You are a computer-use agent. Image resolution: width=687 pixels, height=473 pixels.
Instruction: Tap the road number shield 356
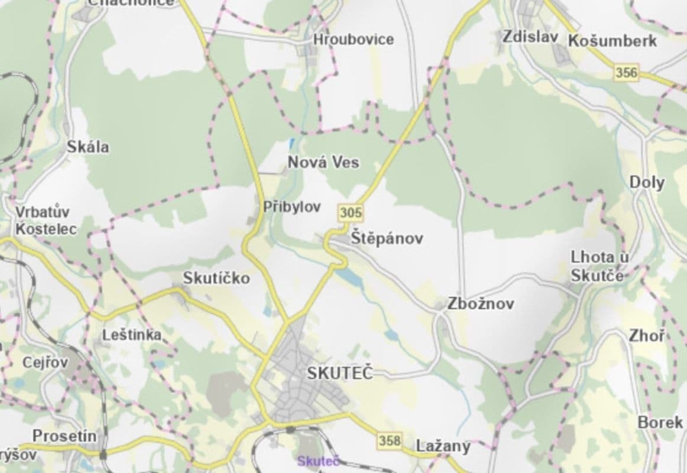(x=627, y=73)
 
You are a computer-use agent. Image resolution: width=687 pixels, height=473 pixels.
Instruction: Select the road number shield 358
(x=390, y=440)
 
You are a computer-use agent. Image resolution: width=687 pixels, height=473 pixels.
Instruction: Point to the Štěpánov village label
(x=387, y=239)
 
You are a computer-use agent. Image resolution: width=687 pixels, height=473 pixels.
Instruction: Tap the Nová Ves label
(x=323, y=162)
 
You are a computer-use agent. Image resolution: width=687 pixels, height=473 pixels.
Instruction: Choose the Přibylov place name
(x=292, y=207)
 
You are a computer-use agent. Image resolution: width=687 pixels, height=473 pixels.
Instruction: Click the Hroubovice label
(x=354, y=40)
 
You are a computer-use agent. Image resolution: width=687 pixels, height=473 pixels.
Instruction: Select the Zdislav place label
(x=530, y=37)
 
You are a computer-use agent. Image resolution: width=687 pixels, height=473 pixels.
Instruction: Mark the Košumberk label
(x=613, y=41)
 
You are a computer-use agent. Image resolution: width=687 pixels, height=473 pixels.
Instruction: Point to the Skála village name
(x=88, y=147)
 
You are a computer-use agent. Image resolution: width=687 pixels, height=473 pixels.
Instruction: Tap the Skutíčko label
(x=216, y=278)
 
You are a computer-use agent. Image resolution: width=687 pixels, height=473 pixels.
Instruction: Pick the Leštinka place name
(x=132, y=335)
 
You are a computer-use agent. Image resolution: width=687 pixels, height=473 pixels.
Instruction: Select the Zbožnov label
(x=480, y=304)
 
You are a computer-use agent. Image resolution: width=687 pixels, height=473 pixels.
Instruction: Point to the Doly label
(x=647, y=182)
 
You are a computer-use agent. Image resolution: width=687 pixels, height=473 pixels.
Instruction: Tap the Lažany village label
(x=443, y=446)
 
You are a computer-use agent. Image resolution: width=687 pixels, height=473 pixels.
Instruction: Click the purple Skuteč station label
(x=318, y=461)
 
